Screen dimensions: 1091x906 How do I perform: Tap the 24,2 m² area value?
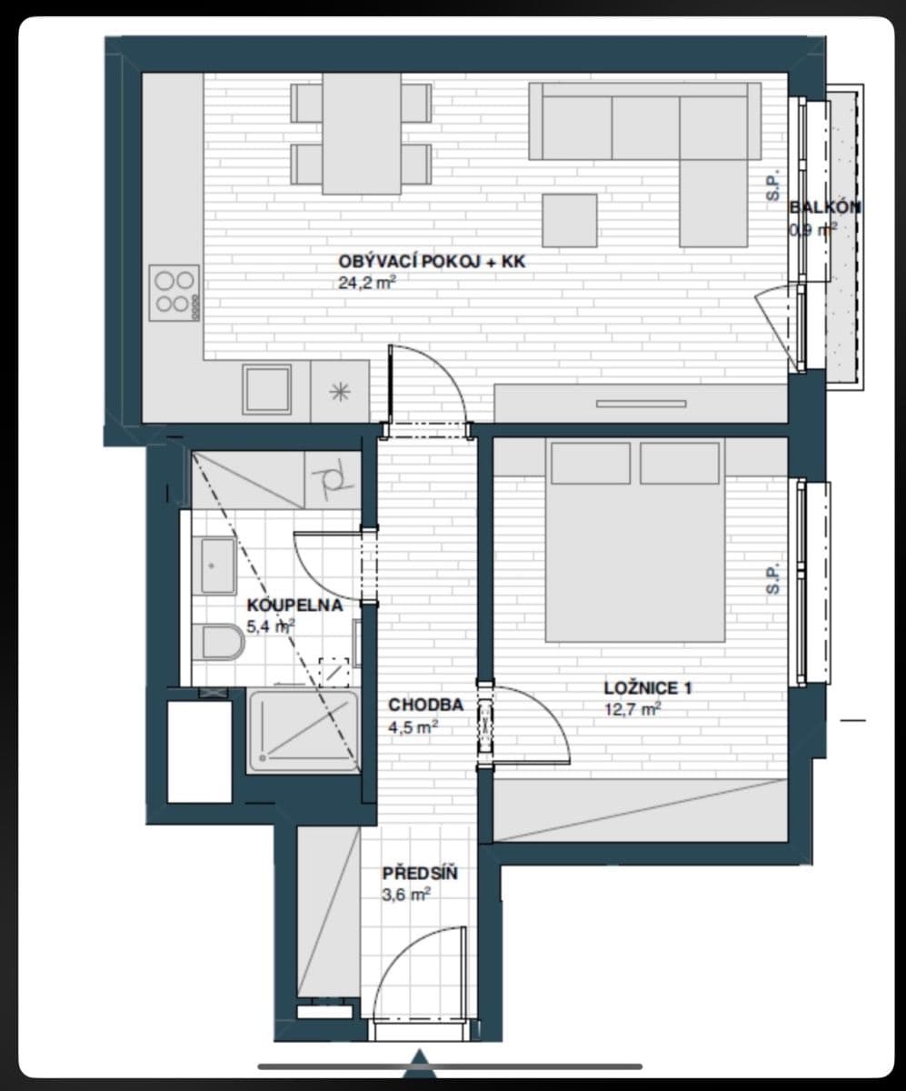point(366,283)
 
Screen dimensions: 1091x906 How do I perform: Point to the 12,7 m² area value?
point(632,709)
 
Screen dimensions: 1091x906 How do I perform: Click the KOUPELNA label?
point(294,606)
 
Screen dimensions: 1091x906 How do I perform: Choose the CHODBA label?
point(425,705)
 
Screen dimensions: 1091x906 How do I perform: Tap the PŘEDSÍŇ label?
point(419,874)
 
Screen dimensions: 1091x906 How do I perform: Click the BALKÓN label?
point(825,207)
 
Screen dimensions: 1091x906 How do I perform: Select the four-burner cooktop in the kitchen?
point(174,292)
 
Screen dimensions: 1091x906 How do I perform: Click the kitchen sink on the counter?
point(266,390)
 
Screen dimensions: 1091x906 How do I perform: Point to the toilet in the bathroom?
point(222,643)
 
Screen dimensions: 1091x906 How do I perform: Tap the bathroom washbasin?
point(217,566)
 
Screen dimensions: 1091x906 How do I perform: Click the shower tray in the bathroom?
point(304,732)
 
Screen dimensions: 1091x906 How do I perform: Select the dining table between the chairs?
point(362,134)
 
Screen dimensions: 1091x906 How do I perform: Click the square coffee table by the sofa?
point(570,220)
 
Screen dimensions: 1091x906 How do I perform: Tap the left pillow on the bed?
point(590,464)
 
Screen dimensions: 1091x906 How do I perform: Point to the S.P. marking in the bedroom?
point(772,579)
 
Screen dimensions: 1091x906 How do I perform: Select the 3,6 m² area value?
point(405,895)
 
